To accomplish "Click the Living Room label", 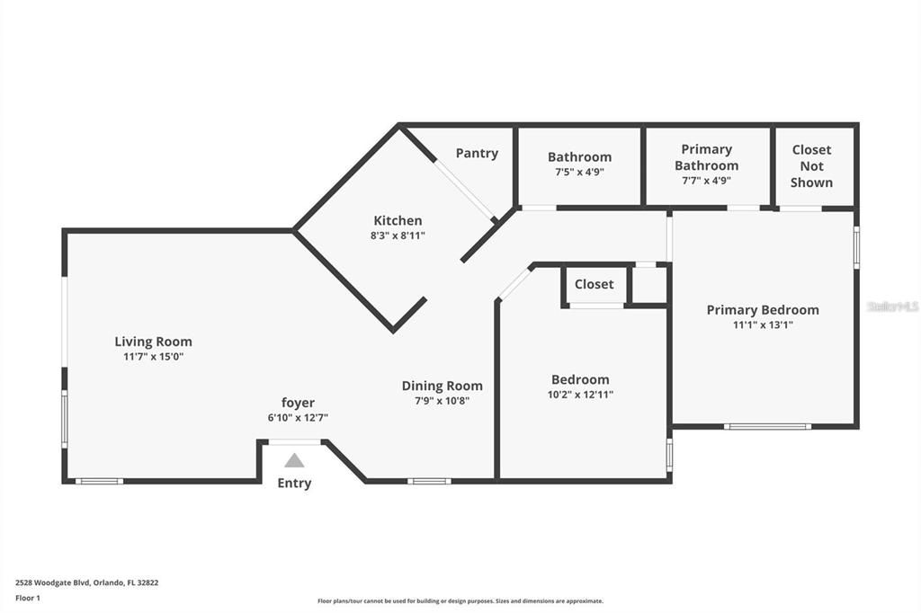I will click(153, 342).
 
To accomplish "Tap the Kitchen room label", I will click(398, 220).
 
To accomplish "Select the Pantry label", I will click(477, 153).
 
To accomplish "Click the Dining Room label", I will click(442, 386).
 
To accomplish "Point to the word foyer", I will click(298, 403).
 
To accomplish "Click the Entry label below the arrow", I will click(294, 483).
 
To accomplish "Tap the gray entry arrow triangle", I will click(294, 460).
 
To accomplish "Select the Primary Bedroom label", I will click(763, 310).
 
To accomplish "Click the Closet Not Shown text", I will click(811, 165).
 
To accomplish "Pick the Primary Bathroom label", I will click(706, 157).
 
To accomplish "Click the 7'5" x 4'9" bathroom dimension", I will click(579, 172).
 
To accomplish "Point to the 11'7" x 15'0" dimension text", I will click(153, 357).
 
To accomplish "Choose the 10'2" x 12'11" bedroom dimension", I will click(580, 395).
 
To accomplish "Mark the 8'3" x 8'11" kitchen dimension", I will click(398, 235).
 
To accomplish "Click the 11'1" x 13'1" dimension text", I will click(763, 325).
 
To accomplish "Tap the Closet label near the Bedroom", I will click(594, 284).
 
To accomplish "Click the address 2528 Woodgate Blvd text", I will click(87, 582).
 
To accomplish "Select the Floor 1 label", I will click(28, 597).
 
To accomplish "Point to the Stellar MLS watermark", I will click(892, 306).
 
